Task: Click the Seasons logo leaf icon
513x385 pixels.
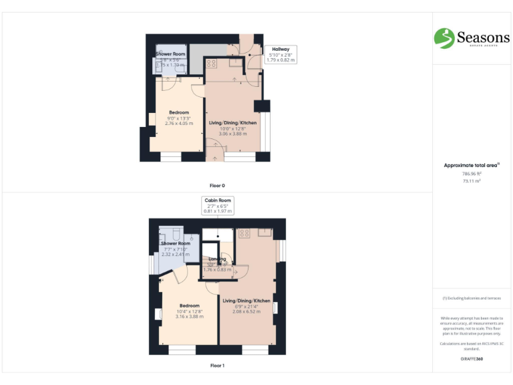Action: click(444, 38)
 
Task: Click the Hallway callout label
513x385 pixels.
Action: click(281, 49)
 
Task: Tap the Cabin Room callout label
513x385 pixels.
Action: click(218, 201)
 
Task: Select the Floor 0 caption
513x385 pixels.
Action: click(217, 184)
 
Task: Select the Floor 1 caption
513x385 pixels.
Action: click(217, 366)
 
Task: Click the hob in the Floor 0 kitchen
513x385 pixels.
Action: click(212, 63)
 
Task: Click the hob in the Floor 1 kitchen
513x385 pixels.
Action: click(244, 234)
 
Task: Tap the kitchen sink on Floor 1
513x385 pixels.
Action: click(265, 233)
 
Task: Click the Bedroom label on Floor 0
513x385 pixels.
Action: click(178, 112)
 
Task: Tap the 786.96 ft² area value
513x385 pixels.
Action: click(472, 174)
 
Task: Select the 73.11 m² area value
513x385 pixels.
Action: click(472, 181)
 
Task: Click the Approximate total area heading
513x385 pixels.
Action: click(472, 165)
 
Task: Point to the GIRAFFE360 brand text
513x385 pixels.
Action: click(472, 359)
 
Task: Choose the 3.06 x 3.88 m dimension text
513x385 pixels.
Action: click(232, 134)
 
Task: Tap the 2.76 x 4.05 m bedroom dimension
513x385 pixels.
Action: click(178, 124)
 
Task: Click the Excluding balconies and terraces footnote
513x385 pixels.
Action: click(472, 298)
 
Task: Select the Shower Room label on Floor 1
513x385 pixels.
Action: click(175, 243)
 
